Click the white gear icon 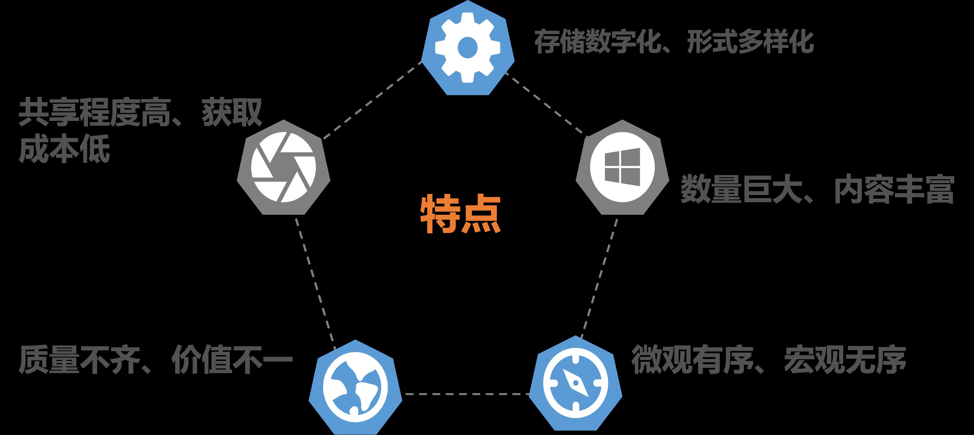click(x=468, y=48)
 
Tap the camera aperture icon click(x=283, y=167)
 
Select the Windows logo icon click(x=622, y=167)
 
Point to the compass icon click(x=575, y=384)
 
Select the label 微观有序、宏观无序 click(x=769, y=360)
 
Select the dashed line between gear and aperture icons click(x=373, y=99)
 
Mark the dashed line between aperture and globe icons click(x=315, y=282)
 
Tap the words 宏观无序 click(x=845, y=360)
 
